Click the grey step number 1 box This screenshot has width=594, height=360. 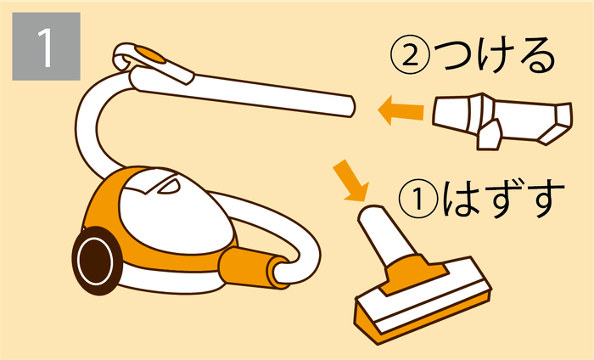pyautogui.click(x=46, y=46)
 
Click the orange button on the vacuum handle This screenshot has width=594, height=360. pyautogui.click(x=153, y=55)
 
